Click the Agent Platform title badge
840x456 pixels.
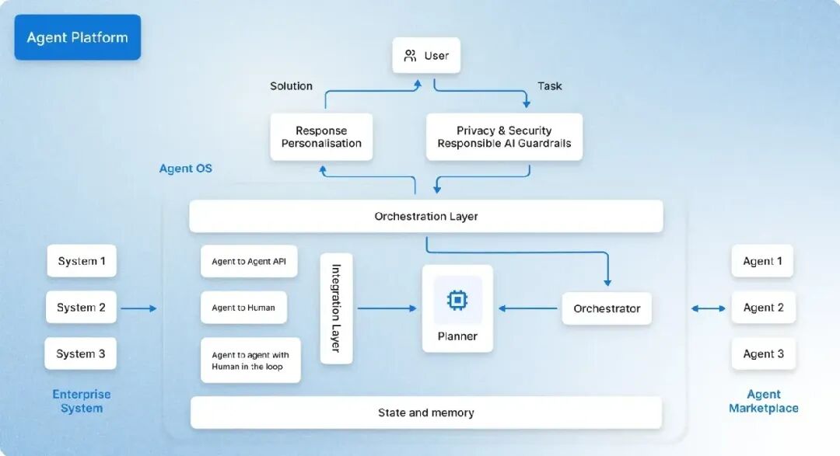[x=77, y=37]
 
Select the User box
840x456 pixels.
[x=425, y=56]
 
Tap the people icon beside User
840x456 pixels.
[x=410, y=56]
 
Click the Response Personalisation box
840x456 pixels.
[x=321, y=137]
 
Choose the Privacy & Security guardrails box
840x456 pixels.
[x=504, y=137]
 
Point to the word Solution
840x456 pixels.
[x=291, y=86]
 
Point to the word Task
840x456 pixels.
[x=549, y=86]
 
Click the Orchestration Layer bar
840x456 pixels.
[x=425, y=216]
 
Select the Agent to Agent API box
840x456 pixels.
[x=249, y=262]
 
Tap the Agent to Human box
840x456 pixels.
[x=243, y=308]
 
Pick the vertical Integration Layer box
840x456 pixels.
[x=336, y=308]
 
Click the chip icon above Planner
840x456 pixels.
[x=457, y=300]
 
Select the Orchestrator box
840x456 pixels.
[x=607, y=308]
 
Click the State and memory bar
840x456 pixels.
[x=425, y=412]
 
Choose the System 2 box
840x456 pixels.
[x=81, y=308]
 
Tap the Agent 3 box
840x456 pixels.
[x=763, y=353]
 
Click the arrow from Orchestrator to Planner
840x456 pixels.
[x=528, y=308]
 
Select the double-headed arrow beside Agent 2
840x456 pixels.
[x=708, y=308]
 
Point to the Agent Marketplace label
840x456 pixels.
[x=763, y=401]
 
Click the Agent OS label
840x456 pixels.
[x=185, y=169]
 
